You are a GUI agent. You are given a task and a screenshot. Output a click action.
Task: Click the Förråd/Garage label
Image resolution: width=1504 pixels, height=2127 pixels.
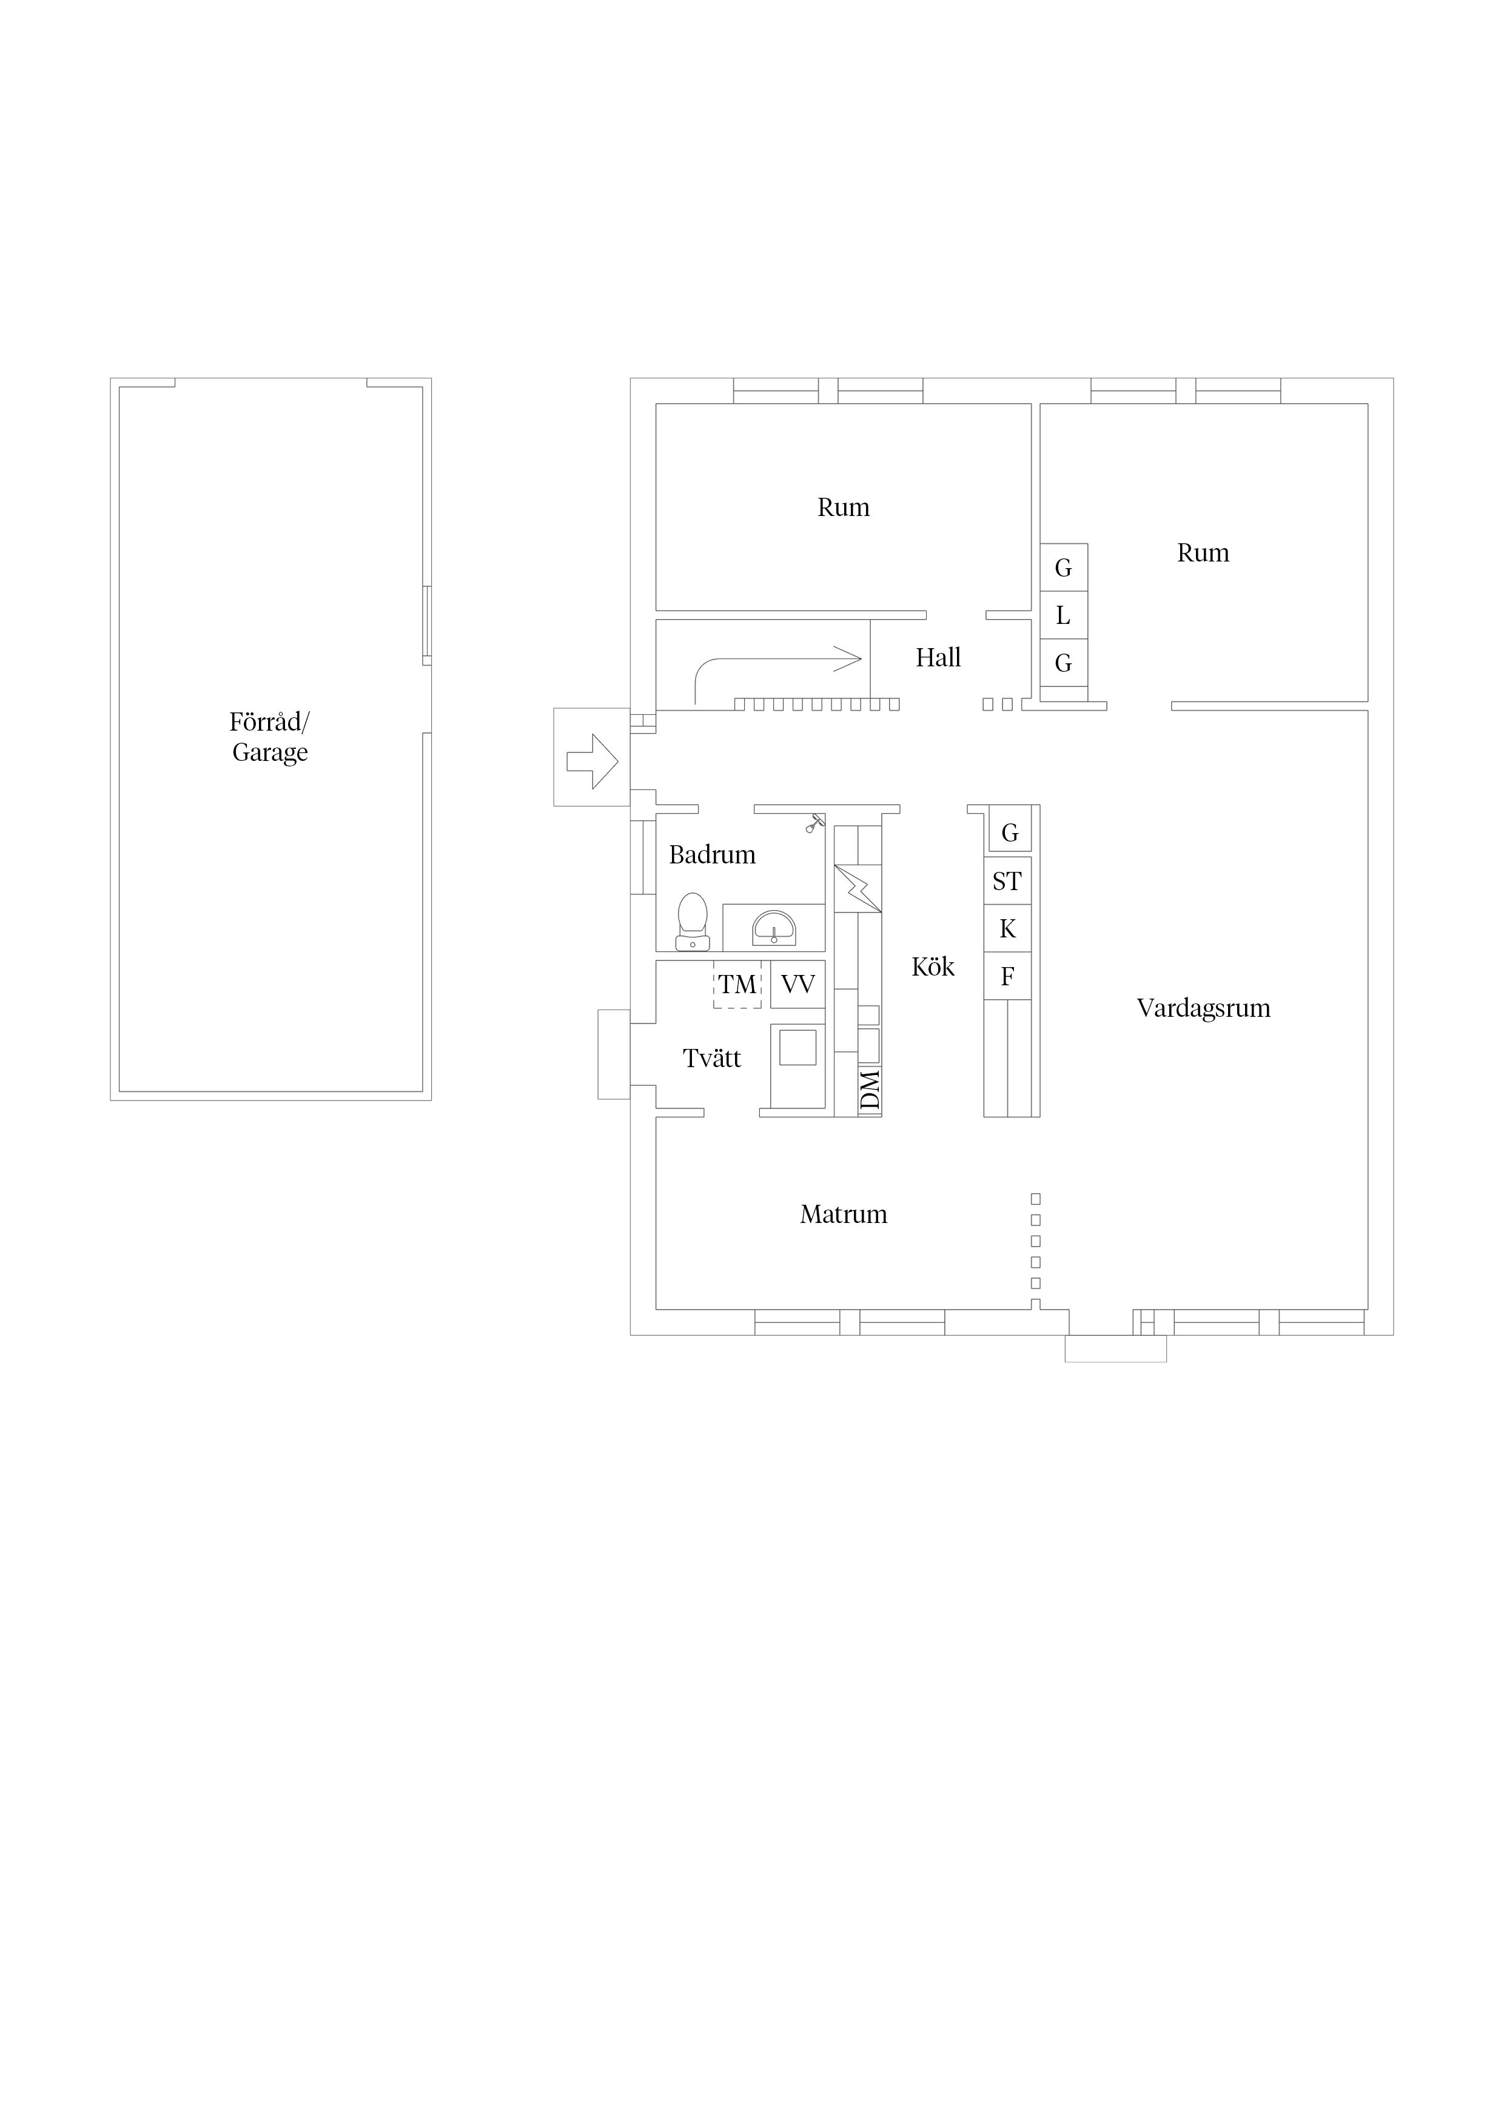click(270, 737)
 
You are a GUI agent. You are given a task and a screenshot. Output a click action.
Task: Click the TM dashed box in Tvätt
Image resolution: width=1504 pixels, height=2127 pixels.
click(737, 984)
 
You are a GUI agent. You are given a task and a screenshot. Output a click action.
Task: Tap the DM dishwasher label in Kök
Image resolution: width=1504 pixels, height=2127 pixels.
click(869, 1090)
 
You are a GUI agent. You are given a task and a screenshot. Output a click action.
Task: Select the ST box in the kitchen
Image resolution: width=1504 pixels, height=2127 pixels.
click(1007, 881)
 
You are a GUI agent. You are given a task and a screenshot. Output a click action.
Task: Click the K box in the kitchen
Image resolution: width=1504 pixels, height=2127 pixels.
click(1007, 928)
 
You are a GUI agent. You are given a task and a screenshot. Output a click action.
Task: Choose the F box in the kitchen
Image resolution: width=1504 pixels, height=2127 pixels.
click(1007, 976)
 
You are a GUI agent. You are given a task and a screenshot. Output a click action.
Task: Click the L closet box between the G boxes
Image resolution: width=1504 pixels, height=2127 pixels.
click(1064, 615)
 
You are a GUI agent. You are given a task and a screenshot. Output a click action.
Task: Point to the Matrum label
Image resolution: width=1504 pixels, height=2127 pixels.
click(844, 1214)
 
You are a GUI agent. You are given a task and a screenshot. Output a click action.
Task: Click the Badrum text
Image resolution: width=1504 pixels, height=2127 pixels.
click(713, 854)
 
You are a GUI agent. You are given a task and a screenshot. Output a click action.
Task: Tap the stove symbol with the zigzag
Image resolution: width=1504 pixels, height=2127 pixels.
click(857, 888)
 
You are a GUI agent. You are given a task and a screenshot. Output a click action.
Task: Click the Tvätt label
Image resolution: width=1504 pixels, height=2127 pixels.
click(712, 1058)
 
